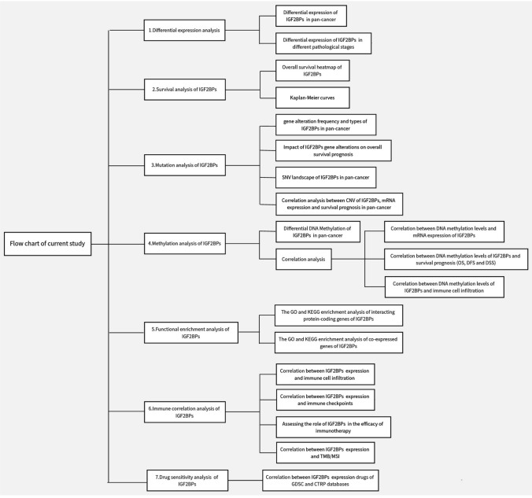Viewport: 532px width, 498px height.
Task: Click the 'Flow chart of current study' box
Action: pyautogui.click(x=47, y=243)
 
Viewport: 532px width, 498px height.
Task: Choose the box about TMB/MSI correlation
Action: pyautogui.click(x=325, y=452)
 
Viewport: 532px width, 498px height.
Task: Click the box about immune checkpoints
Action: pyautogui.click(x=325, y=398)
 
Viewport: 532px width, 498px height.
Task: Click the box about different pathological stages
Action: pyautogui.click(x=323, y=44)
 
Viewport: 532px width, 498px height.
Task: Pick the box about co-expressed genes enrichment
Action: pyautogui.click(x=340, y=342)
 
